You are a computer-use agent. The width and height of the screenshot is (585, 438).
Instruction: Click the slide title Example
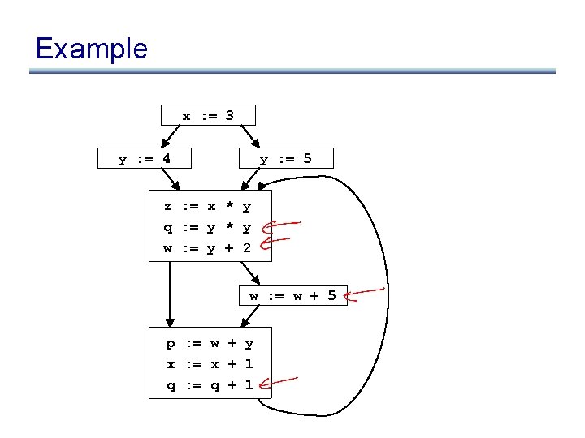pos(91,49)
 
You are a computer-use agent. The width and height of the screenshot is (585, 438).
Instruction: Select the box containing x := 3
pos(208,115)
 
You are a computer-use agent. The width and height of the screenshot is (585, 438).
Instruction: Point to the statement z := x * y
pos(208,207)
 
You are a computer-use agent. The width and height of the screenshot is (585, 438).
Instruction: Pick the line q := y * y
pos(208,227)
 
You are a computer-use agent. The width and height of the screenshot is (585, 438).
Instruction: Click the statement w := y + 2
pos(208,247)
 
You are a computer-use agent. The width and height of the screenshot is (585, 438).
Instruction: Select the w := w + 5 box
pos(292,295)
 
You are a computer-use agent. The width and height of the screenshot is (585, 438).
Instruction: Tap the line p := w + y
pos(210,344)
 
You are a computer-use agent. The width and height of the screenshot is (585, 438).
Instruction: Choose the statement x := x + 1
pos(210,364)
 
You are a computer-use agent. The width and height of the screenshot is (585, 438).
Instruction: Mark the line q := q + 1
pos(210,384)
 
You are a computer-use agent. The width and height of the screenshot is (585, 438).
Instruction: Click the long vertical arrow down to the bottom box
pos(170,292)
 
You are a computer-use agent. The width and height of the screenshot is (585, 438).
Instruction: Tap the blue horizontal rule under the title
pos(292,71)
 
